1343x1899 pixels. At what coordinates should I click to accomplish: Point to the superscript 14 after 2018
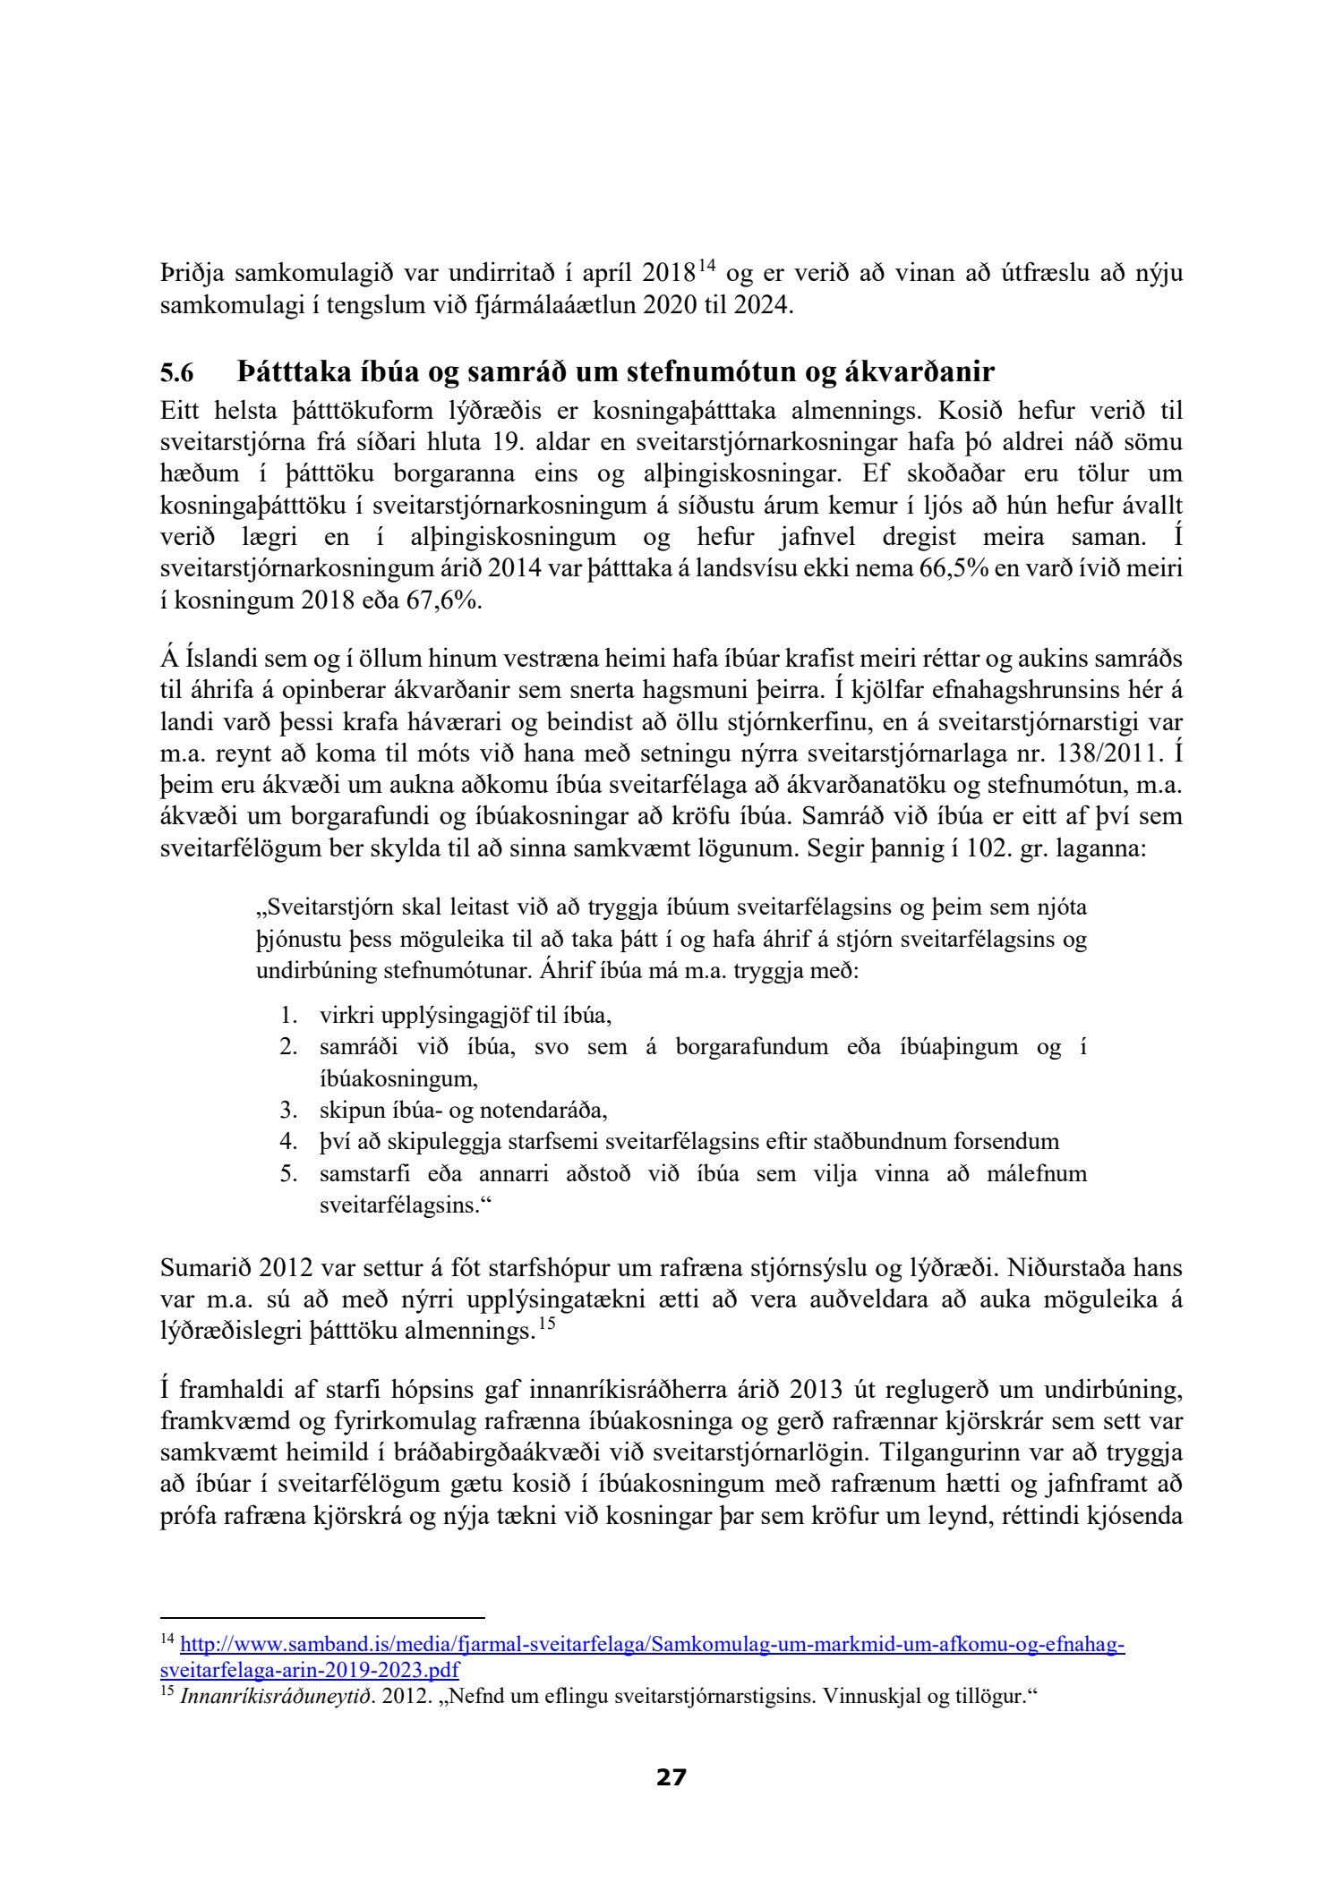coord(707,267)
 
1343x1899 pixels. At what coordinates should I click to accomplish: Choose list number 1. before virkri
coord(287,1016)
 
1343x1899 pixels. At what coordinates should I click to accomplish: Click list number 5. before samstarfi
coord(287,1173)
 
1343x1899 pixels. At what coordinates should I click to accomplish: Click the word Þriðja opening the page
coord(189,274)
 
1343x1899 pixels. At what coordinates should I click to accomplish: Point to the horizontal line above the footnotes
coord(321,1617)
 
